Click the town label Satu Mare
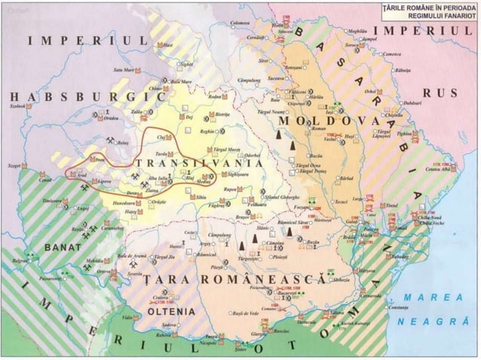[x=123, y=69]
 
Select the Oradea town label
[x=111, y=118]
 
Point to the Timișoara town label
[x=54, y=203]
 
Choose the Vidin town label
[x=128, y=318]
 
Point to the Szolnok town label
[x=17, y=106]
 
